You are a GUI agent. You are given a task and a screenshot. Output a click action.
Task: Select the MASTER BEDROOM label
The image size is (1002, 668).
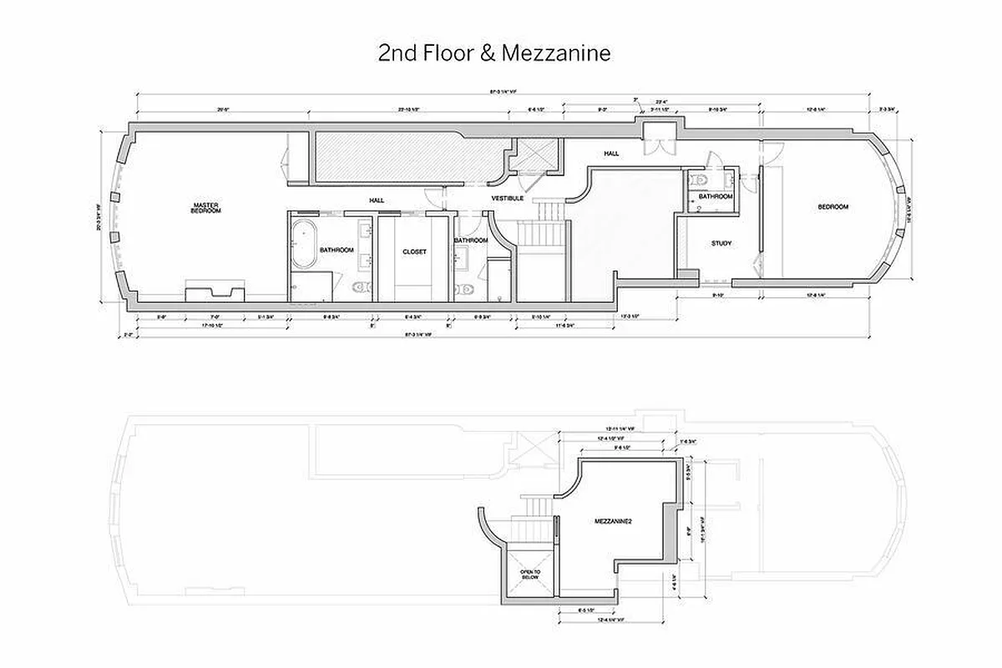tap(206, 208)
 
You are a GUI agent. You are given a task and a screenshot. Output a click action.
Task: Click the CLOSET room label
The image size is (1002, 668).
tap(415, 250)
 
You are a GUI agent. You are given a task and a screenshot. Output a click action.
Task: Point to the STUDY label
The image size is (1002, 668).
tap(721, 243)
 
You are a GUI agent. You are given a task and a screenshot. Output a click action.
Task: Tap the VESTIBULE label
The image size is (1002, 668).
tap(507, 199)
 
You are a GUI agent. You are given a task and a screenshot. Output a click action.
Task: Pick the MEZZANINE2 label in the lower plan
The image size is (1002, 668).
tap(612, 521)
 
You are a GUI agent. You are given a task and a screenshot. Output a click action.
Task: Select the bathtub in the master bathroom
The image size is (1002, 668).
tap(304, 243)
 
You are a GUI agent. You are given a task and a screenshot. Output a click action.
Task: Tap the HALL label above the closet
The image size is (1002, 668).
tap(377, 200)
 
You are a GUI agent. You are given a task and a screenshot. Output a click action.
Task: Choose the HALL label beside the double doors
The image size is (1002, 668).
tap(612, 154)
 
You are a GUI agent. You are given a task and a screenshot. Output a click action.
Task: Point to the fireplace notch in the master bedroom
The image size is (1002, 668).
tap(214, 293)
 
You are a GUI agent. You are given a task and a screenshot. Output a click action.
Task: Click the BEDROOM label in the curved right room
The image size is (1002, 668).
tap(832, 207)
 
